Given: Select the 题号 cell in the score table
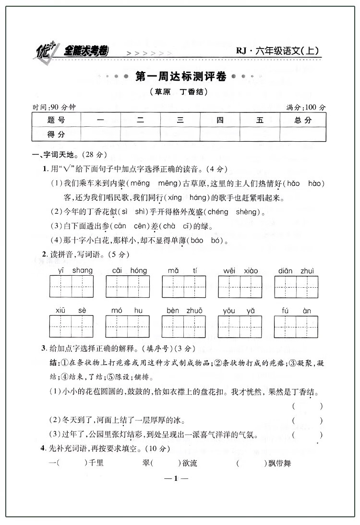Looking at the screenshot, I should [56, 120].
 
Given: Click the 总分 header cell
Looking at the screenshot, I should [303, 120].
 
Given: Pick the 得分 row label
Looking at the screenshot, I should [56, 134].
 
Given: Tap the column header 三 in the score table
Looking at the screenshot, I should [180, 120].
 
